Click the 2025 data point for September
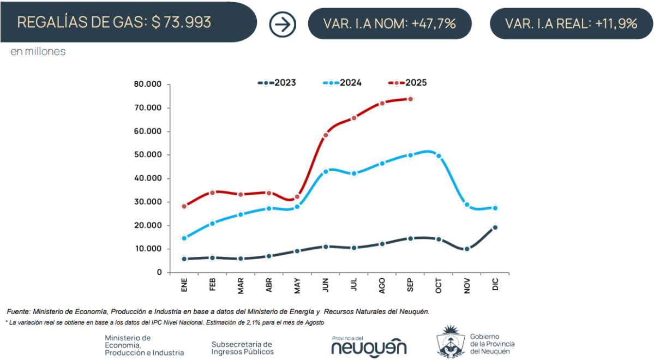click(410, 99)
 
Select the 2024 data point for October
click(439, 156)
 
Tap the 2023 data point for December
click(495, 227)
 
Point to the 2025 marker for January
click(184, 206)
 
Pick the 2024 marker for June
click(326, 171)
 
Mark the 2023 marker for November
click(467, 249)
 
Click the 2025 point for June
click(326, 135)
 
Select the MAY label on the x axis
click(297, 286)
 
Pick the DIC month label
click(495, 285)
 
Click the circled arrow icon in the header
click(282, 24)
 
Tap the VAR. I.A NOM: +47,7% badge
click(389, 23)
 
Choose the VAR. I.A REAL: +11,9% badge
click(571, 23)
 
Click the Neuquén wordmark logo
click(369, 347)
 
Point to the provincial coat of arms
click(451, 342)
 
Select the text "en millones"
click(38, 52)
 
